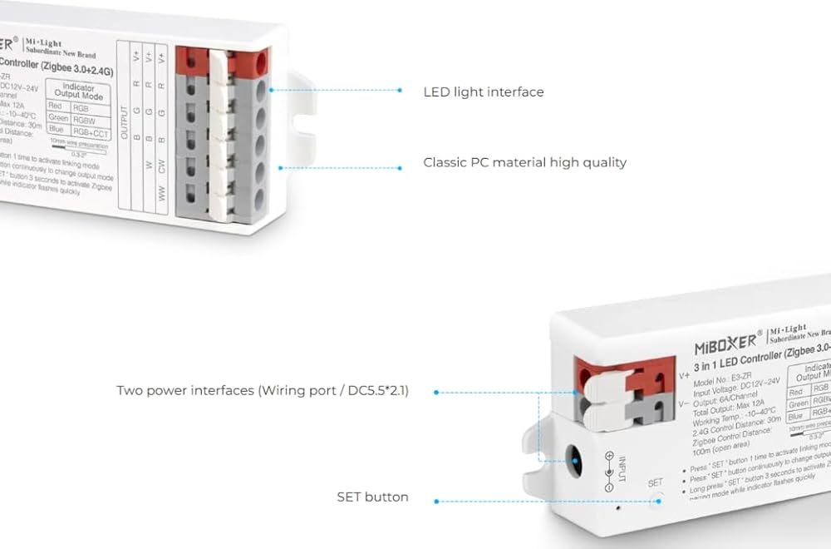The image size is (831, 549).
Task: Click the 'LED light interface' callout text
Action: (484, 91)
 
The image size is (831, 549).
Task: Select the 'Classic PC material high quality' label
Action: (524, 162)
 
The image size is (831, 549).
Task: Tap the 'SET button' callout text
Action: (372, 497)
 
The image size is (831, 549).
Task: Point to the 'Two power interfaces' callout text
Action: (263, 390)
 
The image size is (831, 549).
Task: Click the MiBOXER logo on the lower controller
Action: (725, 341)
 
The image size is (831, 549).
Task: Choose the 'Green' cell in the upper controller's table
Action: (59, 118)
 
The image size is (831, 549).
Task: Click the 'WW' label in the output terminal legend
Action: (162, 195)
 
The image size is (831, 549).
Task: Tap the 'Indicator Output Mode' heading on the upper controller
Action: (79, 91)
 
